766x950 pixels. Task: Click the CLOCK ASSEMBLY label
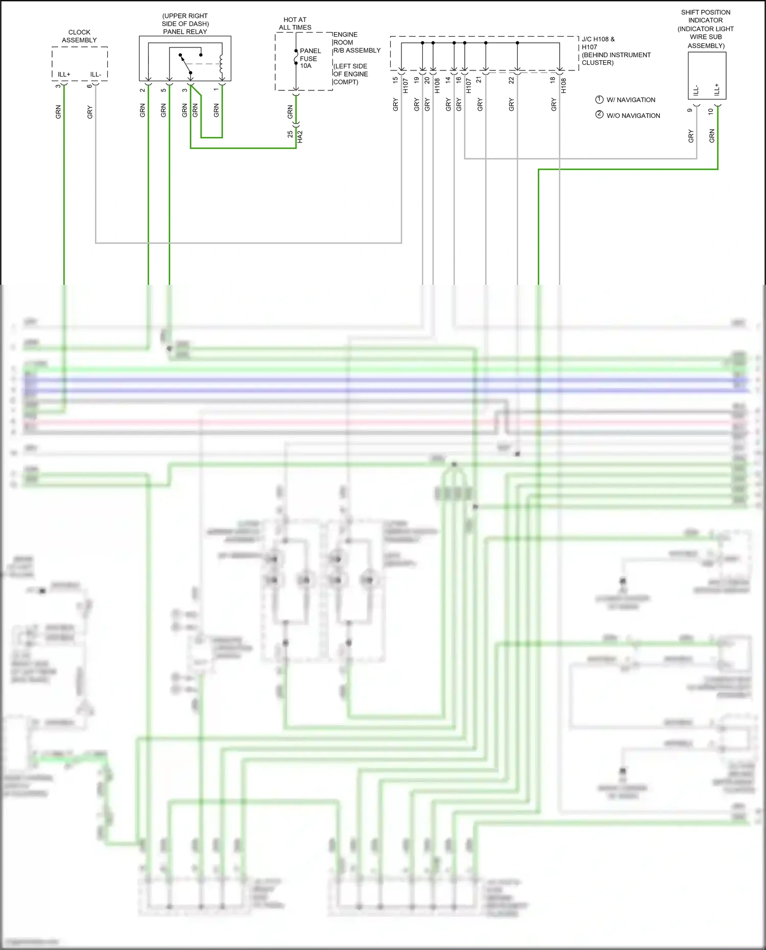pyautogui.click(x=79, y=36)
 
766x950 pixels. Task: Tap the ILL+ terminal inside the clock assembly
pyautogui.click(x=64, y=75)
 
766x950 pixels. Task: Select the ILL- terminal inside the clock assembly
pyautogui.click(x=95, y=75)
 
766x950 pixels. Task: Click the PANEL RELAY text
pyautogui.click(x=185, y=32)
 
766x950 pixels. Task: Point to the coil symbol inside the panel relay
pyautogui.click(x=221, y=64)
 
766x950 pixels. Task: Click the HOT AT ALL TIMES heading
pyautogui.click(x=295, y=23)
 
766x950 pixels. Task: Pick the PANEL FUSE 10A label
pyautogui.click(x=310, y=58)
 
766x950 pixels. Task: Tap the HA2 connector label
pyautogui.click(x=300, y=136)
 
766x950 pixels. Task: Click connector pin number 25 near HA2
pyautogui.click(x=290, y=134)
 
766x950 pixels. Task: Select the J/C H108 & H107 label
pyautogui.click(x=598, y=43)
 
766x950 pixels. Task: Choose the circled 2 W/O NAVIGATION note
pyautogui.click(x=628, y=115)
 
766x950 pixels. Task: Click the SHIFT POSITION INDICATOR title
pyautogui.click(x=705, y=16)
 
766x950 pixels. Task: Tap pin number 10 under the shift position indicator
pyautogui.click(x=710, y=111)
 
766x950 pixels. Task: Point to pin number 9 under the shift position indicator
pyautogui.click(x=690, y=110)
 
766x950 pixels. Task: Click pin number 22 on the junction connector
pyautogui.click(x=511, y=80)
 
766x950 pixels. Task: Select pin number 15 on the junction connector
pyautogui.click(x=395, y=80)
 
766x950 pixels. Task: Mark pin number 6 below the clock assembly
pyautogui.click(x=89, y=86)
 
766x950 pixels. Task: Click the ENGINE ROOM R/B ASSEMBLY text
pyautogui.click(x=356, y=42)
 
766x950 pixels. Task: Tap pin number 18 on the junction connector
pyautogui.click(x=553, y=80)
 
